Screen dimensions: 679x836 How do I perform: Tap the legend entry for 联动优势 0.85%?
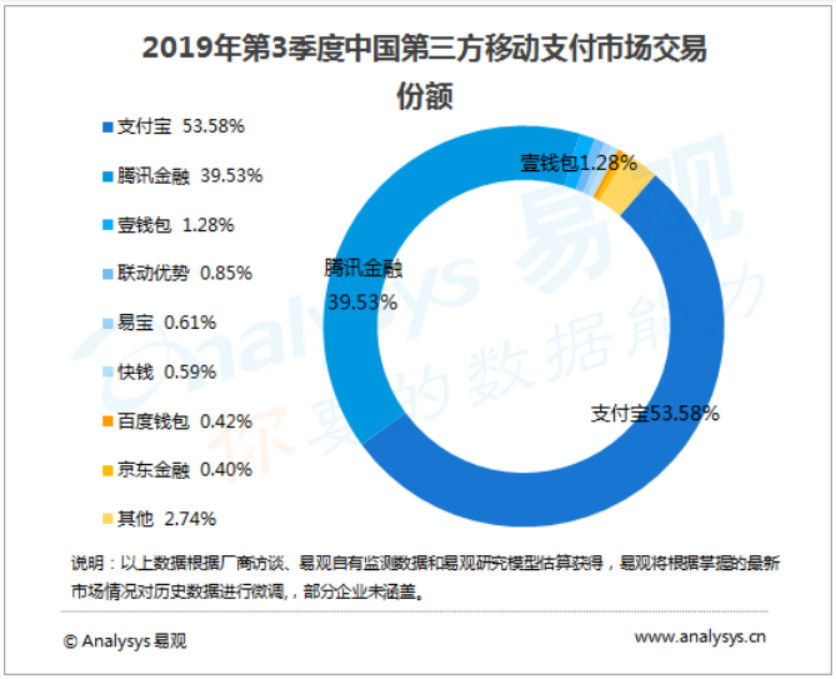tap(177, 273)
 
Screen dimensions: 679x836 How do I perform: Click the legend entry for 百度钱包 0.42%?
tap(176, 421)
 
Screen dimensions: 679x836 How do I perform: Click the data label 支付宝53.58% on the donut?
tap(654, 413)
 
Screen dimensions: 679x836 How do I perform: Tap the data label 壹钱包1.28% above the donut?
tap(578, 162)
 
